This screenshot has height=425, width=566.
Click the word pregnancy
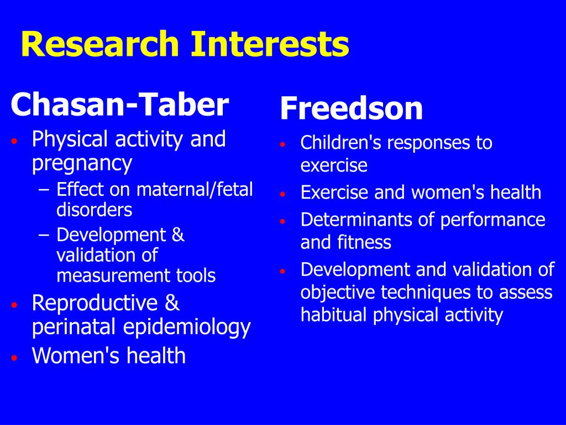pyautogui.click(x=82, y=164)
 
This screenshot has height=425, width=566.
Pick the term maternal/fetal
pyautogui.click(x=195, y=189)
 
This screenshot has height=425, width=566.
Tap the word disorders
pyautogui.click(x=95, y=210)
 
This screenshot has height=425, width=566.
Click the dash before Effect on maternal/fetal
pyautogui.click(x=43, y=190)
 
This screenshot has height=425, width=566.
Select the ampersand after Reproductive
pyautogui.click(x=172, y=303)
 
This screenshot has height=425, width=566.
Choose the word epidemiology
pyautogui.click(x=187, y=328)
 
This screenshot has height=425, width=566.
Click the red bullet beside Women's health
pyautogui.click(x=14, y=358)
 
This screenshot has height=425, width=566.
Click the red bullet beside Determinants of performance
pyautogui.click(x=282, y=221)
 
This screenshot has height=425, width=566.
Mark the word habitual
pyautogui.click(x=334, y=314)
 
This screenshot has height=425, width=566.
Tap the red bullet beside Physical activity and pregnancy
pyautogui.click(x=14, y=141)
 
